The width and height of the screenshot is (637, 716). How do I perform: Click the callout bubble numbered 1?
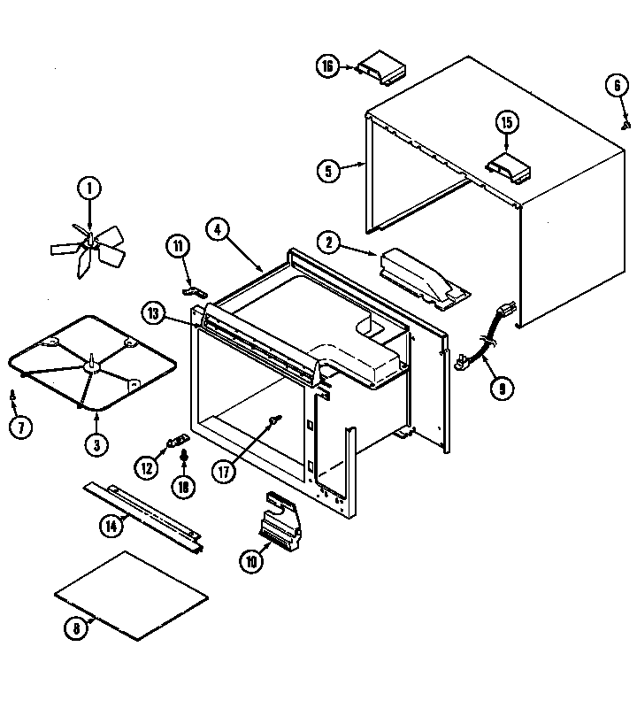(x=88, y=188)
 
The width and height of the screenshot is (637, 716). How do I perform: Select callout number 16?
(x=328, y=66)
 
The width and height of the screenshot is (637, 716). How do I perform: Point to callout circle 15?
(x=506, y=122)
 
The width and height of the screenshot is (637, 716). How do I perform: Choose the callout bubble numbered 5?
(x=328, y=170)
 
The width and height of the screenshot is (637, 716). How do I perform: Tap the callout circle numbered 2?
(x=328, y=242)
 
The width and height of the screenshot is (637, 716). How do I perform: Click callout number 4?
(x=217, y=227)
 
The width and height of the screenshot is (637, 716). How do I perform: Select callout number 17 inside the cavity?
(x=225, y=471)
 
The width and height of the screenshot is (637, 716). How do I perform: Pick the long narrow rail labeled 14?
(x=146, y=517)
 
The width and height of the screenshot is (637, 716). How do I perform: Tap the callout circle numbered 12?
(x=146, y=466)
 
